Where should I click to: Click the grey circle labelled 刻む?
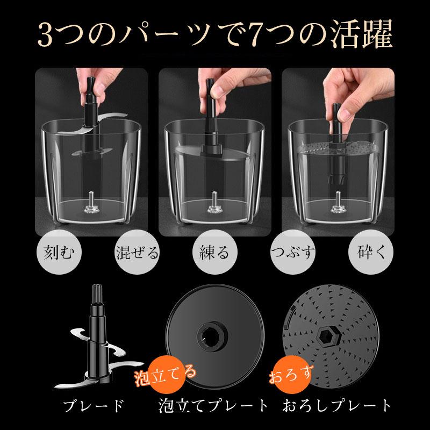coord(59,252)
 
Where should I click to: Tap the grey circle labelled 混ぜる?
coord(137,252)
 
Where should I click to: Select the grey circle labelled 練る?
coord(214,252)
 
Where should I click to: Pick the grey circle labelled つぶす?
coord(293,252)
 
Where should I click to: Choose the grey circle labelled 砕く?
coord(371,252)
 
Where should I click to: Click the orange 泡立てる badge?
coord(167,375)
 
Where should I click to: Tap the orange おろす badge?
coord(292,375)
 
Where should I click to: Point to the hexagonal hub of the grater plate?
coord(329,336)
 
